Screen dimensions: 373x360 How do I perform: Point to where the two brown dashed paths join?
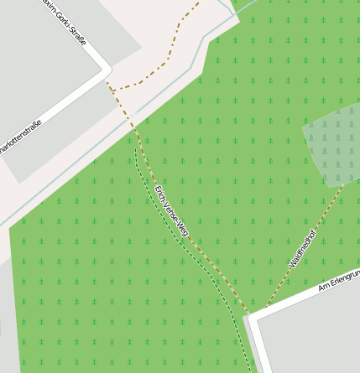pos(263,309)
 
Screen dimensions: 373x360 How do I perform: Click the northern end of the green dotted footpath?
pos(136,137)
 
